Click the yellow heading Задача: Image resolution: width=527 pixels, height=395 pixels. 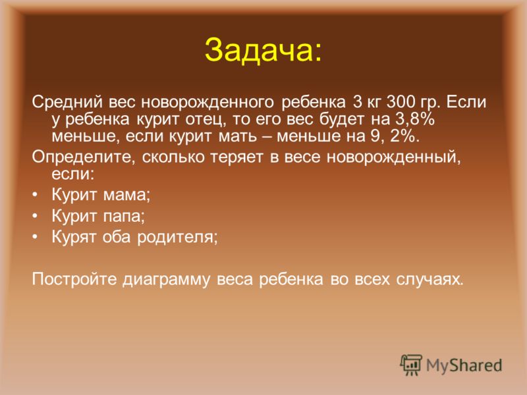click(x=263, y=51)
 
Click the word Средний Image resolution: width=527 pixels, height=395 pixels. click(x=67, y=102)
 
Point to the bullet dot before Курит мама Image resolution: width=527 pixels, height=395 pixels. click(x=36, y=195)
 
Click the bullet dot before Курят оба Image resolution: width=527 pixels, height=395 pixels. click(x=36, y=238)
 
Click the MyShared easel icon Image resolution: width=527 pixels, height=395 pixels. click(x=411, y=365)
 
